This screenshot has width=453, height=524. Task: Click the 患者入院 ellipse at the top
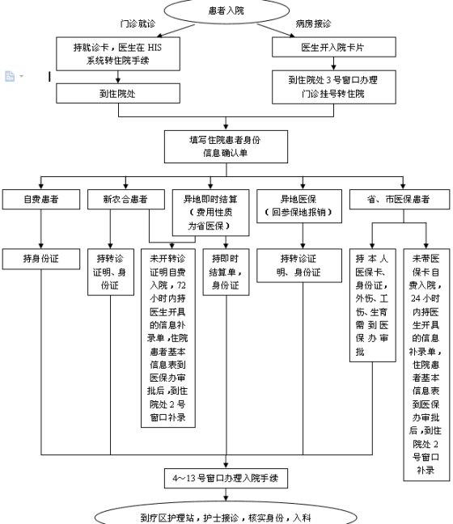[x=226, y=11]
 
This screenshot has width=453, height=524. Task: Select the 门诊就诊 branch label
[x=138, y=23]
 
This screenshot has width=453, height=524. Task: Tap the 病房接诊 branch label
[x=313, y=23]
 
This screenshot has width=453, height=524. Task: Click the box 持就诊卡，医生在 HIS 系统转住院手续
[x=118, y=54]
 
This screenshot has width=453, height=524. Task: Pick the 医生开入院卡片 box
[x=333, y=47]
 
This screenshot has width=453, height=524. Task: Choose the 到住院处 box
[x=118, y=93]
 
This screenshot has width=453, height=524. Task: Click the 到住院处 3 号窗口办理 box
[x=333, y=87]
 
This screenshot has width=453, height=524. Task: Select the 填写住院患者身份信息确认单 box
[x=226, y=146]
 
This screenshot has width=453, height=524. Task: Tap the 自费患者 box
[x=41, y=200]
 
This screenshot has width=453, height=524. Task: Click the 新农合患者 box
[x=126, y=200]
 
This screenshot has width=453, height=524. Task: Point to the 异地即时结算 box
[x=210, y=213]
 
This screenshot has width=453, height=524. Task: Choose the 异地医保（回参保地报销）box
[x=299, y=206]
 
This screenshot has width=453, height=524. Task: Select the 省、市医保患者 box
[x=400, y=200]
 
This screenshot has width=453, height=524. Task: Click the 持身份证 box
[x=41, y=259]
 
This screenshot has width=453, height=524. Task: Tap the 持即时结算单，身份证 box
[x=226, y=272]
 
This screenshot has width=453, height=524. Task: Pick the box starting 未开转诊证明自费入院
[x=168, y=338]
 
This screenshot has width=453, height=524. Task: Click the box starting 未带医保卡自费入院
[x=426, y=365]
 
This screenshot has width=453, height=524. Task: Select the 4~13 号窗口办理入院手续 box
[x=226, y=478]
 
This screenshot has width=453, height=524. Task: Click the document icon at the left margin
[x=10, y=76]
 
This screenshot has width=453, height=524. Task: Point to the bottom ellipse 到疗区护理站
[x=226, y=514]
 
